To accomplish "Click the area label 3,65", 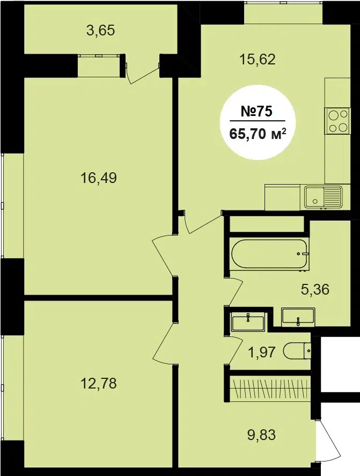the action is pos(101,31).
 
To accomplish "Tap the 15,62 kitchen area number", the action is pos(258,59).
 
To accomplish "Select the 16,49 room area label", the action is pos(99,178).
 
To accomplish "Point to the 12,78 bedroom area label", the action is pos(99,383).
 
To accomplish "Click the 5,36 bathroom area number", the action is pos(315,289).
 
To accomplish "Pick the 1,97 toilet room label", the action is pos(262,352).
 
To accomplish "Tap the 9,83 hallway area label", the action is pos(261,435).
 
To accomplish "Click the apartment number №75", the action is pos(256,112).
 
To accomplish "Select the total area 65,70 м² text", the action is pos(258,133).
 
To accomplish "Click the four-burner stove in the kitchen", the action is pos(337,121).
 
